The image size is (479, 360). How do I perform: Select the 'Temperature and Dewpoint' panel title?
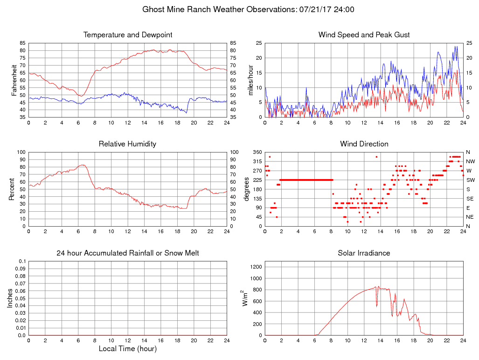pyautogui.click(x=128, y=35)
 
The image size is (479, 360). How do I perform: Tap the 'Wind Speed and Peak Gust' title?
pyautogui.click(x=364, y=35)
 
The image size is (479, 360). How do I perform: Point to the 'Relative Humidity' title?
pyautogui.click(x=128, y=144)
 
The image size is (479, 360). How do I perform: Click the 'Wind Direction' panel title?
pyautogui.click(x=364, y=144)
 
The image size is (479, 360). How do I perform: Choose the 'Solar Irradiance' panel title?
pyautogui.click(x=364, y=253)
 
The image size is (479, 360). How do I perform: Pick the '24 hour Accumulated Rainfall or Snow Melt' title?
pyautogui.click(x=128, y=253)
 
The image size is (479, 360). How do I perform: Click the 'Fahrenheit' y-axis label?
pyautogui.click(x=14, y=80)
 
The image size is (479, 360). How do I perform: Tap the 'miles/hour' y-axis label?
pyautogui.click(x=251, y=80)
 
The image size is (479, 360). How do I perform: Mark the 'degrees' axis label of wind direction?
pyautogui.click(x=247, y=189)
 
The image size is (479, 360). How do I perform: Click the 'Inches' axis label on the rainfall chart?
pyautogui.click(x=10, y=298)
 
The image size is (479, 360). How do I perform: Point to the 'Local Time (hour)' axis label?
pyautogui.click(x=128, y=349)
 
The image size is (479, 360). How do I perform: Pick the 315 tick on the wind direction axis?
pyautogui.click(x=257, y=161)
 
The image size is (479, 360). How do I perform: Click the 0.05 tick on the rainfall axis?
pyautogui.click(x=21, y=298)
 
